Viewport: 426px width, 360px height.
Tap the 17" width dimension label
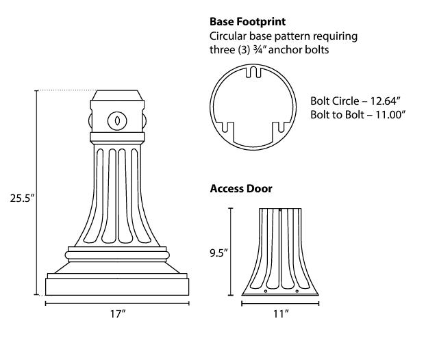tap(118, 313)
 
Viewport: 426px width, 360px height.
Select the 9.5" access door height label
tap(218, 253)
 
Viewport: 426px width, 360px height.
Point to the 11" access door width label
tap(280, 313)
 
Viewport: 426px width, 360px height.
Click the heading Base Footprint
tap(247, 21)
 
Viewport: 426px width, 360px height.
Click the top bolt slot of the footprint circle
tap(252, 72)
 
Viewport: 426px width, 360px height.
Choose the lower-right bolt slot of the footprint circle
tap(279, 127)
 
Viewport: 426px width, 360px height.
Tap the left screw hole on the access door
tap(266, 292)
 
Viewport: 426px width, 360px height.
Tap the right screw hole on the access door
tap(297, 292)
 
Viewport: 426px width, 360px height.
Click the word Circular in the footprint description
tap(229, 36)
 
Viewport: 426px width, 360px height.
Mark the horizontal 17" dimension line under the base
tap(118, 303)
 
